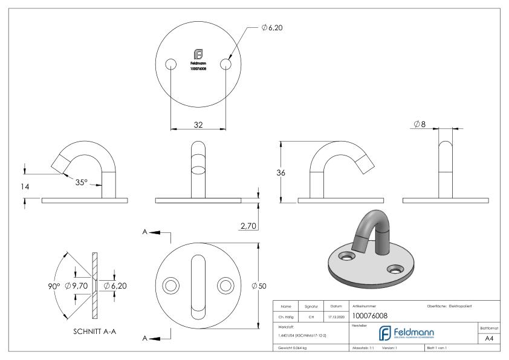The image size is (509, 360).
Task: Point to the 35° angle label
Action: [x=81, y=182]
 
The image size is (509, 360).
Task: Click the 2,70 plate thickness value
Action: [x=248, y=225]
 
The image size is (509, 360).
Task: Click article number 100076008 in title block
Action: [x=370, y=315]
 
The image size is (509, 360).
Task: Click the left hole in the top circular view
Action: [x=170, y=64]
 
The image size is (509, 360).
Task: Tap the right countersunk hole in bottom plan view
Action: [x=226, y=285]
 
